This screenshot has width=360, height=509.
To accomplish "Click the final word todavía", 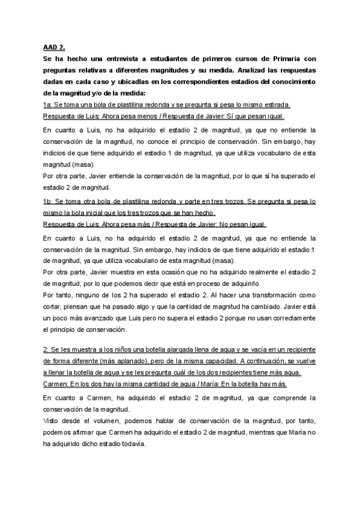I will (x=131, y=444).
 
